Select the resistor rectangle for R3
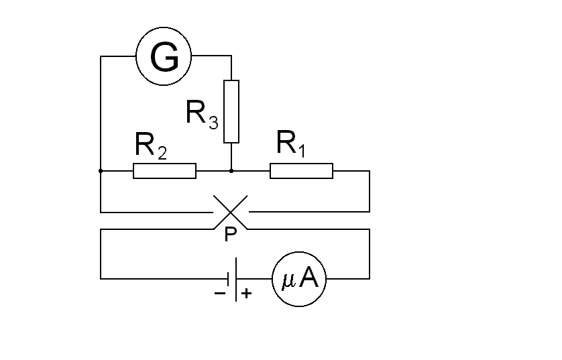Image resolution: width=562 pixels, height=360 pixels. [231, 111]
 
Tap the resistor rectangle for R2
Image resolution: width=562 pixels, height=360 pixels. [164, 171]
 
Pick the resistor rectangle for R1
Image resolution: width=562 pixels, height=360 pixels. [301, 171]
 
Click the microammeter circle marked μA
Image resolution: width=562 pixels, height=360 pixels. [299, 279]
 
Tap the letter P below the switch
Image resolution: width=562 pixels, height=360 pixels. [230, 235]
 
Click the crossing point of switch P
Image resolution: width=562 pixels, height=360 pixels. [231, 212]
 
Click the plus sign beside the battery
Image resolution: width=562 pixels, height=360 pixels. [247, 293]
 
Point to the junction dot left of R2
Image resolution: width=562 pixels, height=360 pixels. [101, 171]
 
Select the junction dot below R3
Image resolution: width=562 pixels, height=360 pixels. [231, 171]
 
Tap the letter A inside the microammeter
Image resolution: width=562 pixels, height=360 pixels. [308, 279]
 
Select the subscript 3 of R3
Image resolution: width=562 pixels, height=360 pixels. [213, 122]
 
